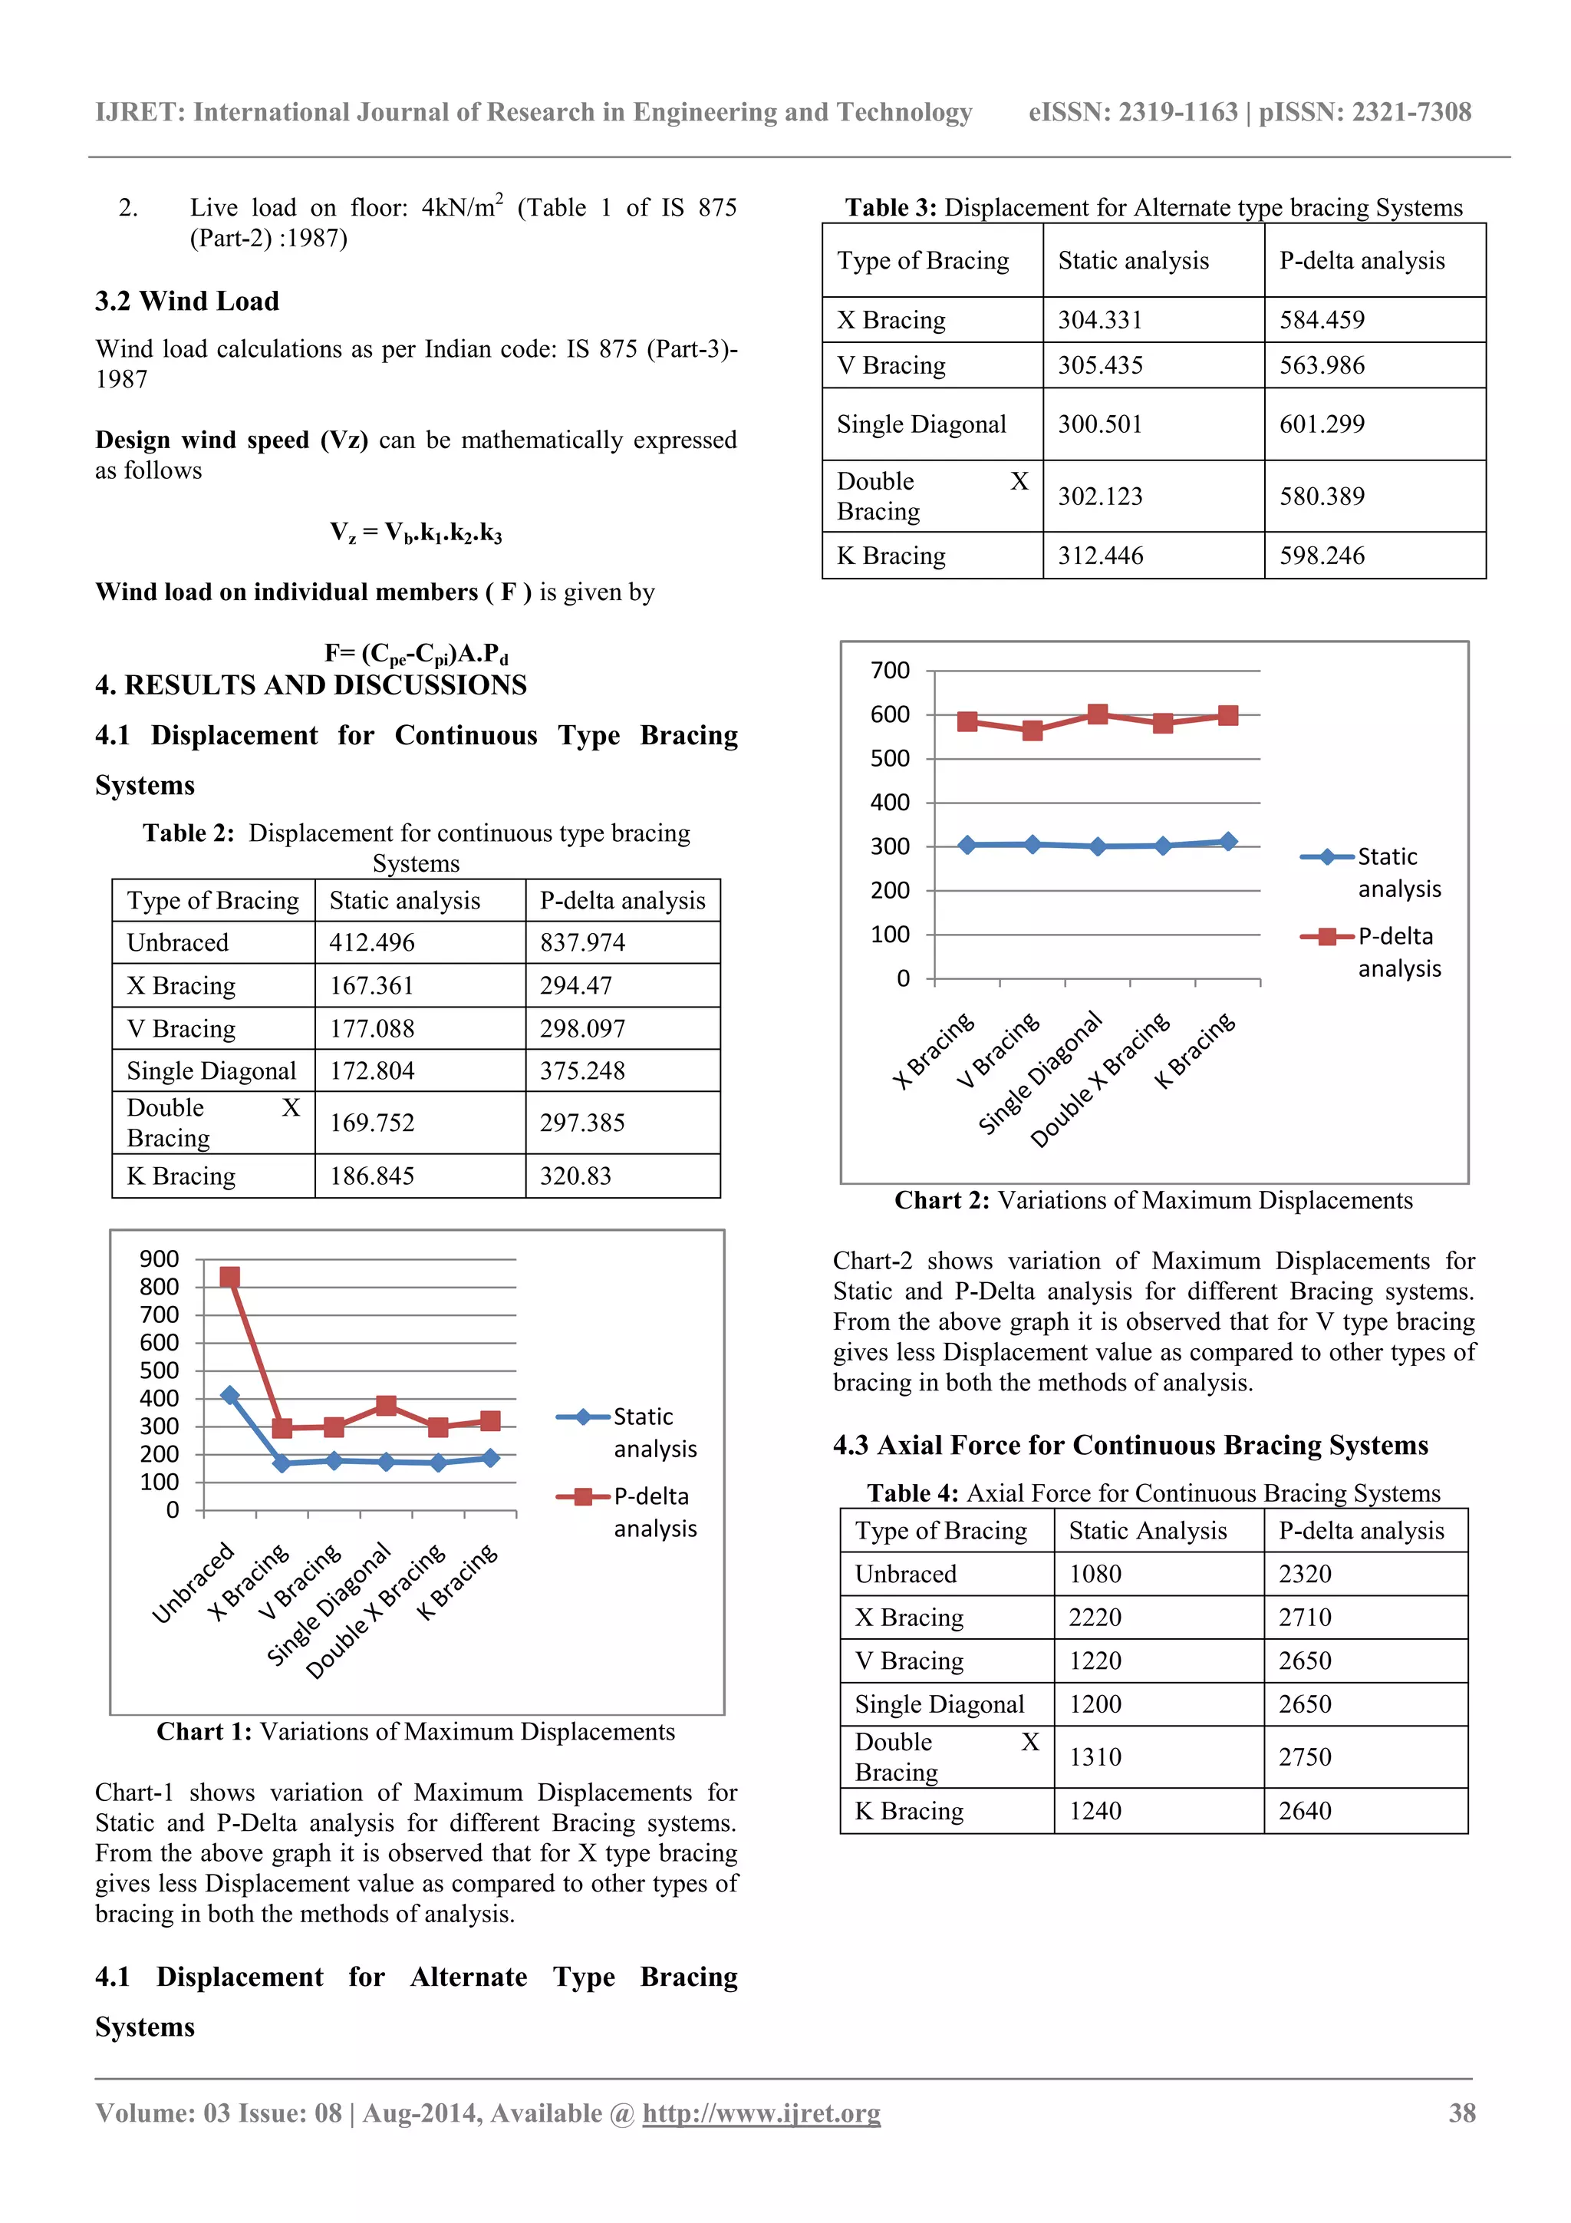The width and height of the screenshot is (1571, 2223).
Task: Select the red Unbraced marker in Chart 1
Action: point(229,1277)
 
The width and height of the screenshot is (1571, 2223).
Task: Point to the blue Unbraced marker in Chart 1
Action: point(229,1395)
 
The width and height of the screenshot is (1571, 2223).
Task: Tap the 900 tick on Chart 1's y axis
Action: point(160,1258)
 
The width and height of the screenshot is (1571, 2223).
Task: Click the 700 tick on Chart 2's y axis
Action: point(890,670)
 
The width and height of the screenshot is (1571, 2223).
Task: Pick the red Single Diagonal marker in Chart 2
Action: point(1098,714)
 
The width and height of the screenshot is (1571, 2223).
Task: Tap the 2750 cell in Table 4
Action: point(1305,1757)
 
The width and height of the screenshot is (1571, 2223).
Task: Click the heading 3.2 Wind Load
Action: point(187,301)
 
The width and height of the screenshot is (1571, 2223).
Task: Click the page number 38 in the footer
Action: point(1461,2113)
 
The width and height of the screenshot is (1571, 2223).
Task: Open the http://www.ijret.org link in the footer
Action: point(761,2113)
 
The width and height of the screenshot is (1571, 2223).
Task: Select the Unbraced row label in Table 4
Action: point(905,1575)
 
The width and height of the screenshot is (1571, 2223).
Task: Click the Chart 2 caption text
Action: point(1153,1201)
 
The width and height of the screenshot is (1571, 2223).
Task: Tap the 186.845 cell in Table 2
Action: point(372,1176)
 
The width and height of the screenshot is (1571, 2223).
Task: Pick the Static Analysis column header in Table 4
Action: point(1147,1531)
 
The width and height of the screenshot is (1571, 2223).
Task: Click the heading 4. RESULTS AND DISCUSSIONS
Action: point(311,685)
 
